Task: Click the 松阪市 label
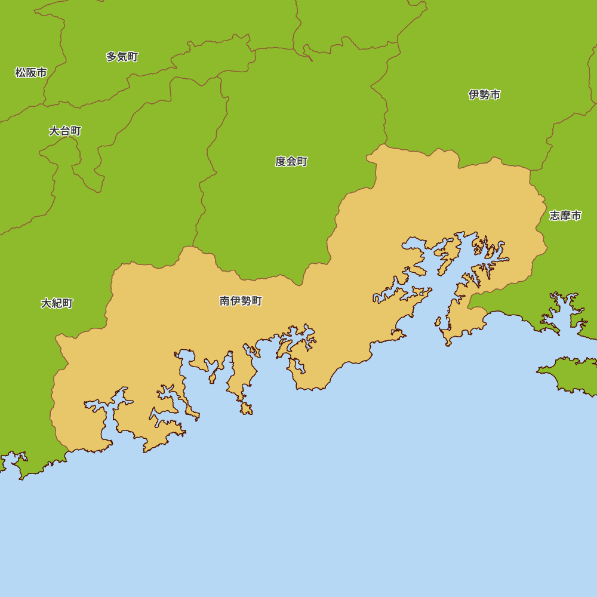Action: tap(31, 73)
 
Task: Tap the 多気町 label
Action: tap(122, 57)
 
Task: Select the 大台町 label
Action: tap(65, 131)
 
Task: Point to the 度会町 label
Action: tap(291, 161)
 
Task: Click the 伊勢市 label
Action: tap(484, 94)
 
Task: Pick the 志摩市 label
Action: tap(565, 216)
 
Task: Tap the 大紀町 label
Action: tap(57, 303)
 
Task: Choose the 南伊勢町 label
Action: tap(241, 301)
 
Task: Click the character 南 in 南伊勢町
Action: tap(225, 301)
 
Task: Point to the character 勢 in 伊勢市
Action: tap(484, 94)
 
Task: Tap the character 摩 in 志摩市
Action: tap(565, 216)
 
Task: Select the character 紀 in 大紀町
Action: tap(57, 303)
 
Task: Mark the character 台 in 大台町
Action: tap(65, 131)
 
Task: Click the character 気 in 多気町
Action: tap(122, 57)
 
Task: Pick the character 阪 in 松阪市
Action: tap(31, 73)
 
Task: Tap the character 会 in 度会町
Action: tap(291, 161)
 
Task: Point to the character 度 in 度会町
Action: tap(281, 161)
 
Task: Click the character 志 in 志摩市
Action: tap(555, 216)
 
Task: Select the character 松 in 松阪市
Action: tap(20, 73)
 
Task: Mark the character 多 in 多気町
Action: tap(112, 57)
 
